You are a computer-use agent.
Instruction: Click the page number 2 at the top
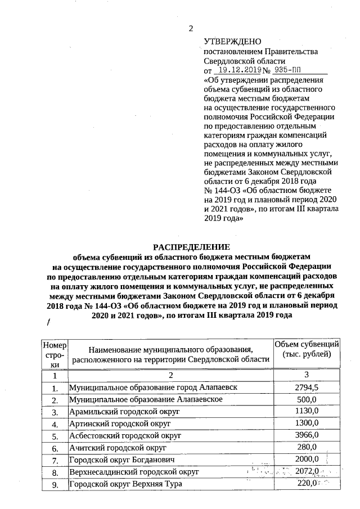pyautogui.click(x=190, y=29)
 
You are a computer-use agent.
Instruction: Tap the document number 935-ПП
pyautogui.click(x=296, y=71)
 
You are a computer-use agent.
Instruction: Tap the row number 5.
pyautogui.click(x=55, y=436)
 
